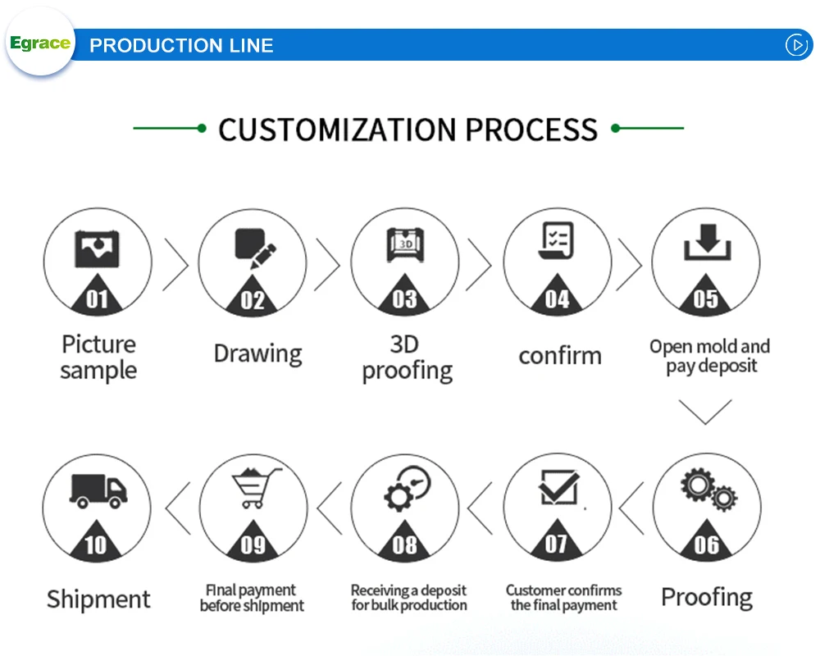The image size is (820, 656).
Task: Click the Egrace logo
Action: pos(39,43)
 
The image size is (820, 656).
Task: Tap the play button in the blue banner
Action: pos(797,45)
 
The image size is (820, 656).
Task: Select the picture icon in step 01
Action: pos(98,248)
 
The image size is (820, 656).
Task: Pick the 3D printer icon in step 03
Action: pos(404,245)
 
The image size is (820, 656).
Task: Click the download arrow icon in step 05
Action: pos(706,245)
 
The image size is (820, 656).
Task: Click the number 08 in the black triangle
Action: pos(405,545)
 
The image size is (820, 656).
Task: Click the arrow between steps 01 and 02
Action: pos(175,264)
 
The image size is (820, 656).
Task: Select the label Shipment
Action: pos(98,599)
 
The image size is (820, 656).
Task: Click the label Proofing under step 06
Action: pos(706,597)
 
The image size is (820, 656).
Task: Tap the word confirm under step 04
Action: pos(559,356)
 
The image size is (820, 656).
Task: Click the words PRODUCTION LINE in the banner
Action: pos(181,46)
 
